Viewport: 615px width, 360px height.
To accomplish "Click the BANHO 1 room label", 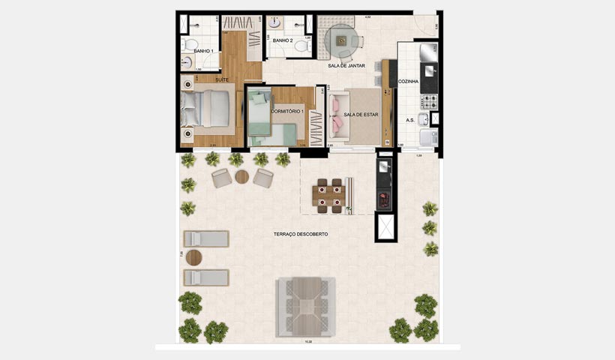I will tap(202, 51).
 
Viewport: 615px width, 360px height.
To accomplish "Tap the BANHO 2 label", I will tap(282, 40).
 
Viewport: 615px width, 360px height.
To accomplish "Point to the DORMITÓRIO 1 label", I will tap(286, 111).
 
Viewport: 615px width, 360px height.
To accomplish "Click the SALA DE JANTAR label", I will tap(346, 66).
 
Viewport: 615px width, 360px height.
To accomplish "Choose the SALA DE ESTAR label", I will tap(361, 115).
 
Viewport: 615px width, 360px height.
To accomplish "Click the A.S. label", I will tap(410, 120).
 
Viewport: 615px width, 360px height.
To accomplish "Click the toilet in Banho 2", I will tap(302, 46).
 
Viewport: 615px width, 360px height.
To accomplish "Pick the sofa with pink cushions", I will tap(337, 116).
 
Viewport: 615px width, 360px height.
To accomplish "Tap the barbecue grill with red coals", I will tap(385, 199).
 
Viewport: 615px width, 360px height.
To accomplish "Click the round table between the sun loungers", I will tap(193, 258).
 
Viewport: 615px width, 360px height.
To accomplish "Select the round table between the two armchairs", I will tap(241, 177).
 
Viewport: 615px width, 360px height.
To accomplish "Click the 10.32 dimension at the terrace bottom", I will tap(307, 342).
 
